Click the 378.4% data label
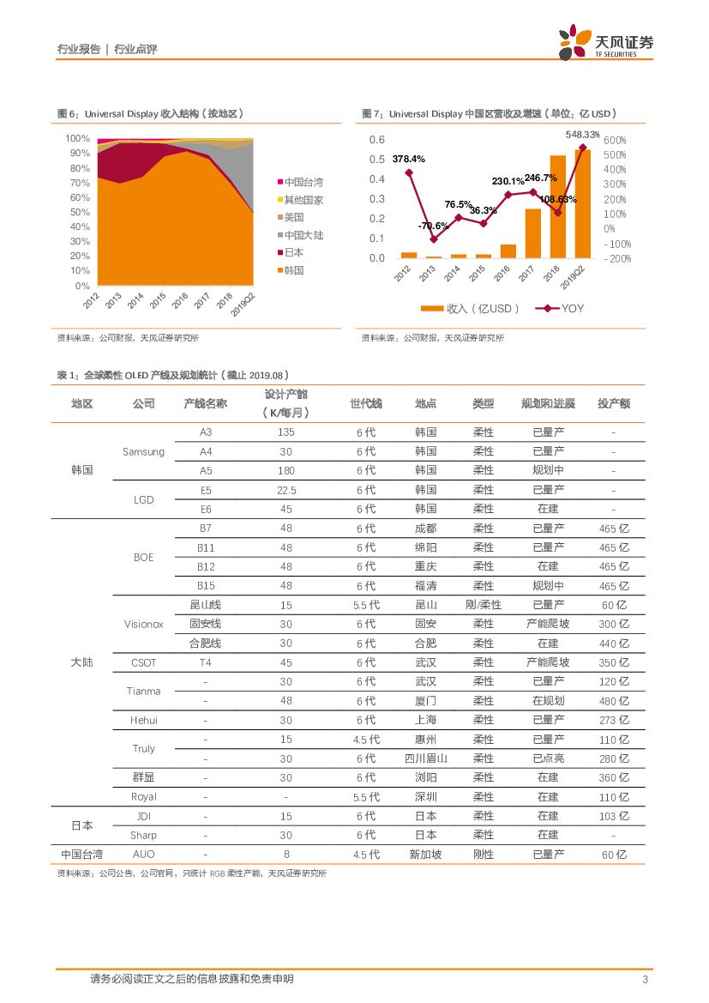tap(409, 159)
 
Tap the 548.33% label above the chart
tap(582, 135)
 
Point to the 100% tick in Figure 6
tap(78, 138)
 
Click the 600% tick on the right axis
tap(615, 140)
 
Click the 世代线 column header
tap(366, 403)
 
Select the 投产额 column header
tap(613, 403)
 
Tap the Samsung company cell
tap(143, 451)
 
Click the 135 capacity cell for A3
tap(286, 432)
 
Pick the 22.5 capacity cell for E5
tap(286, 490)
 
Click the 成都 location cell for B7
tap(425, 529)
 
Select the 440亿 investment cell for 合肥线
tap(613, 643)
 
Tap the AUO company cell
tap(143, 855)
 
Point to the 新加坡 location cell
tap(425, 855)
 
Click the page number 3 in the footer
tap(645, 980)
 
